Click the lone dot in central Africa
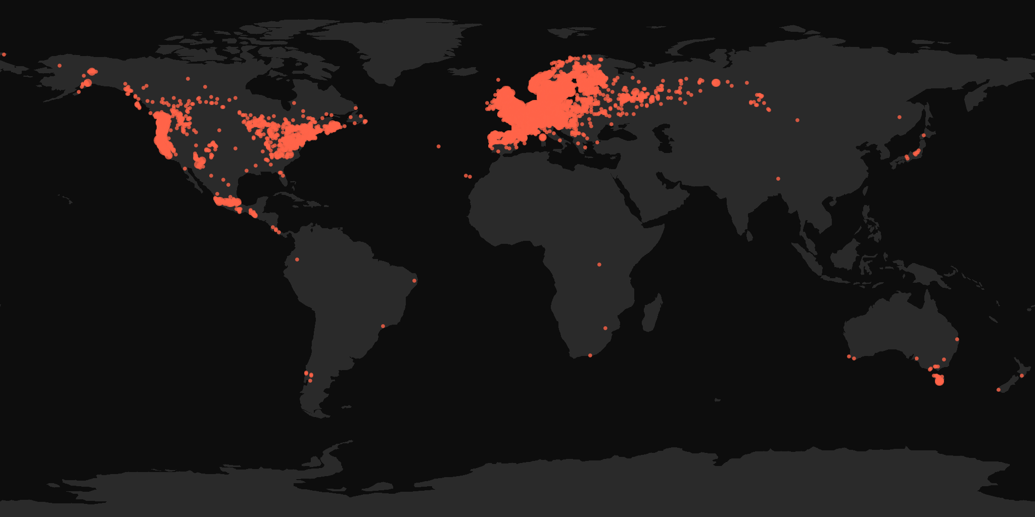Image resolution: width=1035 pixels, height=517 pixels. (599, 265)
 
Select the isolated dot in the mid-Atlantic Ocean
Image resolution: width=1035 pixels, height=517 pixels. (438, 146)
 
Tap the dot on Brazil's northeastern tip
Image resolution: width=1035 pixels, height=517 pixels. (414, 281)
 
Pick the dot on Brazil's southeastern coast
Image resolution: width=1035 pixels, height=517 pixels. (383, 326)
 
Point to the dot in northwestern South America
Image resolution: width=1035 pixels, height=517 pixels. (297, 260)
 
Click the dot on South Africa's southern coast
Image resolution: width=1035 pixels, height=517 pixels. (590, 355)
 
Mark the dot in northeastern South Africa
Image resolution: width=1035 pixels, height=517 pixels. (605, 329)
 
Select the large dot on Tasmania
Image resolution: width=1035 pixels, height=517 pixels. (939, 381)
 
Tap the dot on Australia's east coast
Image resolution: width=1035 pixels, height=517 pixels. (957, 339)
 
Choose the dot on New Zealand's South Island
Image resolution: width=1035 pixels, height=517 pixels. (998, 390)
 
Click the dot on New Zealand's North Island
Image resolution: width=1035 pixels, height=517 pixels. (1021, 376)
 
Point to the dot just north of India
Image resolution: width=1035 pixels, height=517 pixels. (778, 179)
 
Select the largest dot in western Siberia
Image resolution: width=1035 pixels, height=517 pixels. (716, 82)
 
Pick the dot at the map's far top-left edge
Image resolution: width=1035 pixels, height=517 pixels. (4, 54)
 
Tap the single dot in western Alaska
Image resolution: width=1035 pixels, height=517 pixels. (60, 66)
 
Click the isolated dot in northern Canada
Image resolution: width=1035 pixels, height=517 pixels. (188, 79)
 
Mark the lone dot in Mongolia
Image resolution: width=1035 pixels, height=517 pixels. (797, 120)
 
